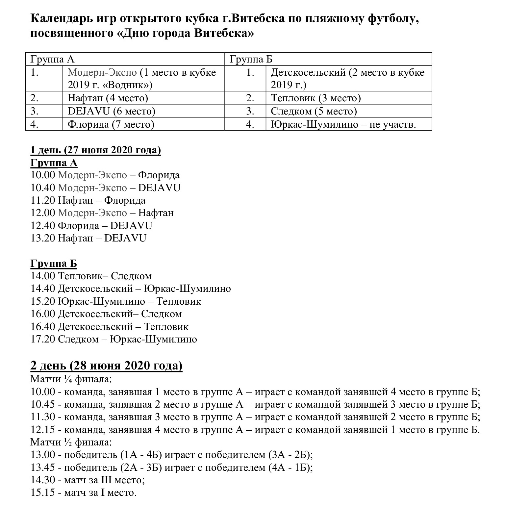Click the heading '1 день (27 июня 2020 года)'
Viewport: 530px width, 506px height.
click(95, 150)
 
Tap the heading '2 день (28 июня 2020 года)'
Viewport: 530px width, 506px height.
click(106, 366)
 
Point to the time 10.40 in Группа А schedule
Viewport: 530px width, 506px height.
click(43, 188)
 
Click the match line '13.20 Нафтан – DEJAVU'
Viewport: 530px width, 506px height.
click(88, 238)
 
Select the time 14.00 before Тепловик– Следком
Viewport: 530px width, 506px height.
click(43, 276)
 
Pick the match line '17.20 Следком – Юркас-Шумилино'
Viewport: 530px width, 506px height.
click(114, 339)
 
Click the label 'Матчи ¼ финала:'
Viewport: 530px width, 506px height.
click(71, 379)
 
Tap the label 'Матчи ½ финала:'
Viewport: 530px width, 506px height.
click(71, 442)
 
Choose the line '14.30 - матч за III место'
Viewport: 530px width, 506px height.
click(88, 480)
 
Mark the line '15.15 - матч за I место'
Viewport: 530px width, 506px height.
click(83, 493)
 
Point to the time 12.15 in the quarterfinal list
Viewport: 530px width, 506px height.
click(43, 430)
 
